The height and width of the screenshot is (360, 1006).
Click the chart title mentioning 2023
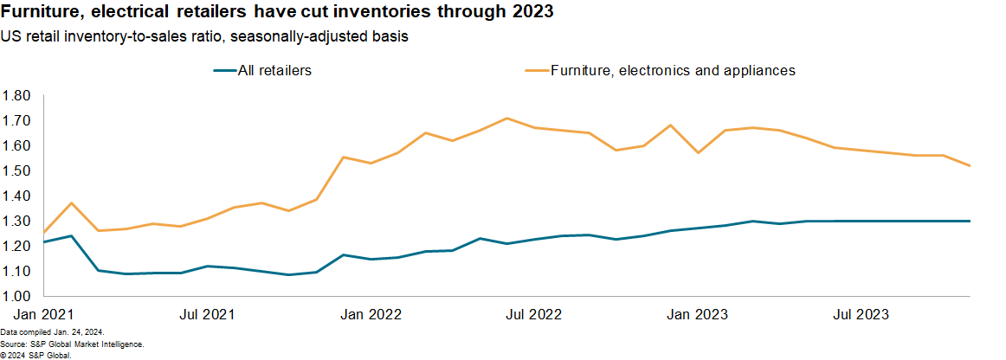pos(277,15)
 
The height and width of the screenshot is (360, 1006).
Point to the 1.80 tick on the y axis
pos(17,95)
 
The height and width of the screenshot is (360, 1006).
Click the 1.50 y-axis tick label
pos(17,170)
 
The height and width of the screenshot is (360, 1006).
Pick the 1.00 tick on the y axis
pos(17,296)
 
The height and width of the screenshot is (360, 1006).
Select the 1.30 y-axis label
pos(17,221)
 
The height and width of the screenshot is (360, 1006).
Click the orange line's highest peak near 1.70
pos(507,118)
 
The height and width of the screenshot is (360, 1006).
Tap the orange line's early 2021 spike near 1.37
pos(71,202)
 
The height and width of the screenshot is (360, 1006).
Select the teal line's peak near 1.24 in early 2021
pos(71,235)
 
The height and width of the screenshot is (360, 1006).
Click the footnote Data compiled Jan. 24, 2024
pos(53,332)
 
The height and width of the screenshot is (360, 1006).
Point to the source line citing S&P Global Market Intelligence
pos(72,344)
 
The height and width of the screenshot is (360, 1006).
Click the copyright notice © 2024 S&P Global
pos(35,355)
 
